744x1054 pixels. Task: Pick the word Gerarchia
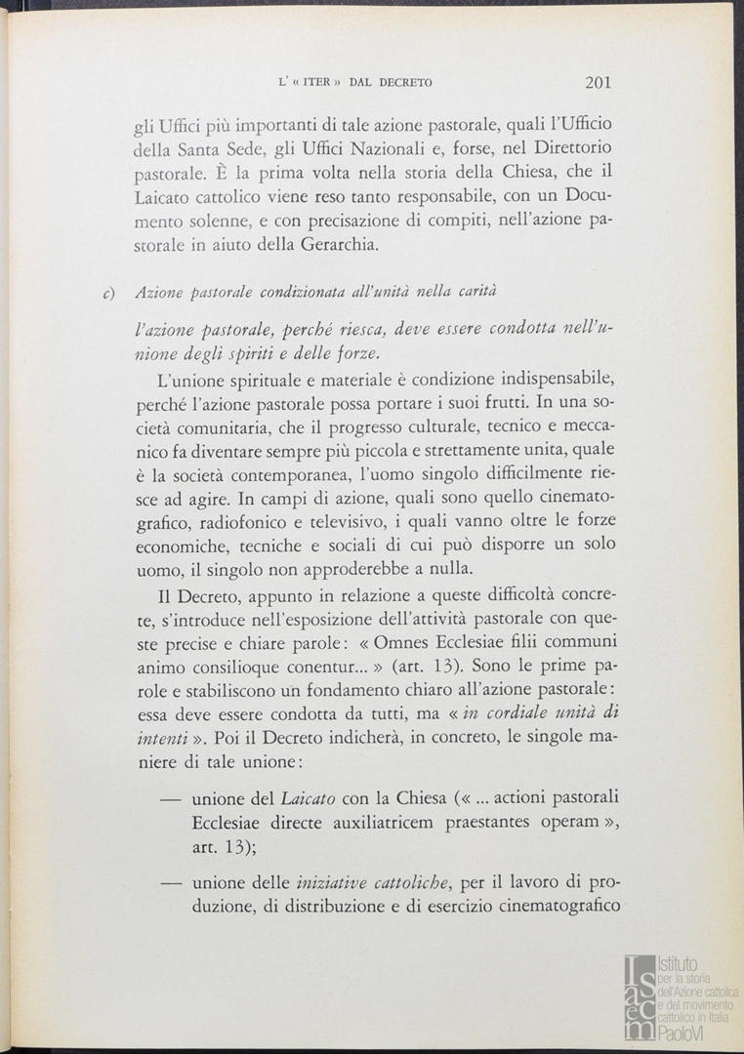click(x=327, y=244)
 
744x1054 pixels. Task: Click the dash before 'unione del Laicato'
click(x=174, y=798)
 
